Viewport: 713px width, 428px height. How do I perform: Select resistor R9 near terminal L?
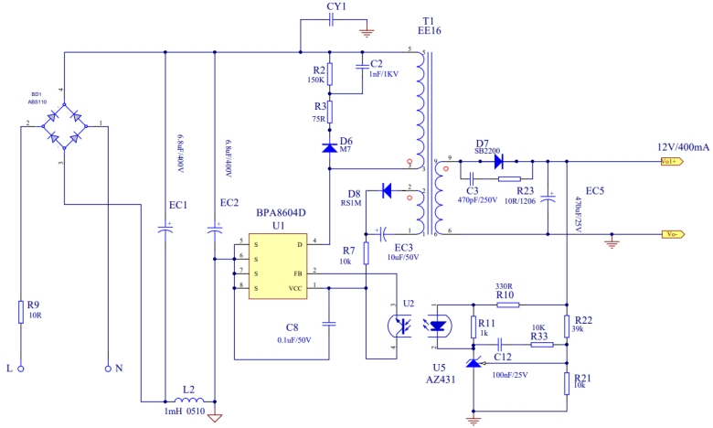click(x=20, y=312)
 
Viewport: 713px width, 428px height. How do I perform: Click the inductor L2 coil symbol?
click(x=188, y=400)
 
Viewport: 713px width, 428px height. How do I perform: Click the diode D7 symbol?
click(x=498, y=161)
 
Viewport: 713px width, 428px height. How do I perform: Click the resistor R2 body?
click(x=330, y=75)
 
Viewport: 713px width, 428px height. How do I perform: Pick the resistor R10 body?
click(x=505, y=305)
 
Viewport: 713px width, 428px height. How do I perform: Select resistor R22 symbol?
click(x=567, y=326)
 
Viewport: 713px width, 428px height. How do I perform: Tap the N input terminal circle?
click(x=108, y=369)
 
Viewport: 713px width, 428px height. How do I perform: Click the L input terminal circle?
click(x=20, y=369)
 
